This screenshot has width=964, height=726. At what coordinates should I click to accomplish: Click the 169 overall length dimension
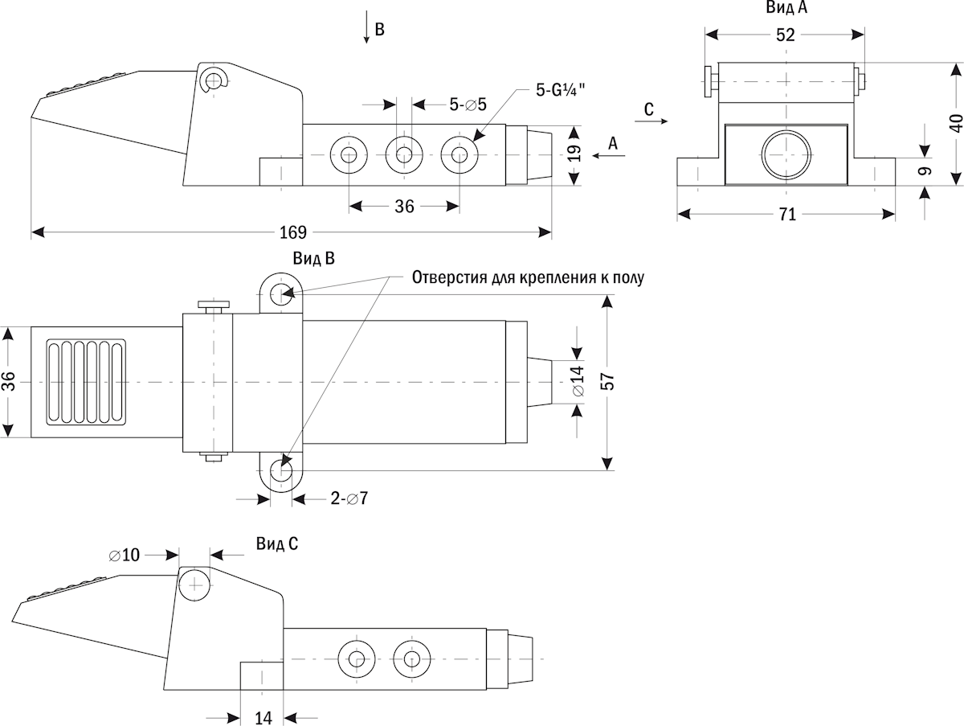[x=293, y=232]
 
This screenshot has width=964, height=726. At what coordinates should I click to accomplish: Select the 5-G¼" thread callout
[x=561, y=90]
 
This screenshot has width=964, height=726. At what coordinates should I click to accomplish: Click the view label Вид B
[x=312, y=259]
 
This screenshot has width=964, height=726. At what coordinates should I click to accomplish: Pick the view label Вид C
[x=277, y=544]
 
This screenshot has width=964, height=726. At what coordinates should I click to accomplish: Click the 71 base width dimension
[x=787, y=214]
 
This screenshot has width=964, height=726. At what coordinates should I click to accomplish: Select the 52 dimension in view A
[x=786, y=35]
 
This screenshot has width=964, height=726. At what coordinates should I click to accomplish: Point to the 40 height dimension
[x=956, y=124]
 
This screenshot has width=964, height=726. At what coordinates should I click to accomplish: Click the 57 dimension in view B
[x=610, y=382]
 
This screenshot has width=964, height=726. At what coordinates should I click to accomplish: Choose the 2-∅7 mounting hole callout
[x=349, y=499]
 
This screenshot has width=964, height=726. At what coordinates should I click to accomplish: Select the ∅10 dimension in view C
[x=125, y=555]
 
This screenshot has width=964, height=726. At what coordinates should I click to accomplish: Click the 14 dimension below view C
[x=263, y=717]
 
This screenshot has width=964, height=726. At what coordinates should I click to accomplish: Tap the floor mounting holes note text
[x=528, y=278]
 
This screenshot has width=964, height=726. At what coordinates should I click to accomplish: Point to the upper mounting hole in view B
[x=280, y=293]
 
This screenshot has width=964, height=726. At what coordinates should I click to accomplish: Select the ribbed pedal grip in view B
[x=86, y=382]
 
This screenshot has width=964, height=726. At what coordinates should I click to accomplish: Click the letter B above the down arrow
[x=380, y=31]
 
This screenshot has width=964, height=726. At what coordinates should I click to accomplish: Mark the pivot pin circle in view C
[x=194, y=584]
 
